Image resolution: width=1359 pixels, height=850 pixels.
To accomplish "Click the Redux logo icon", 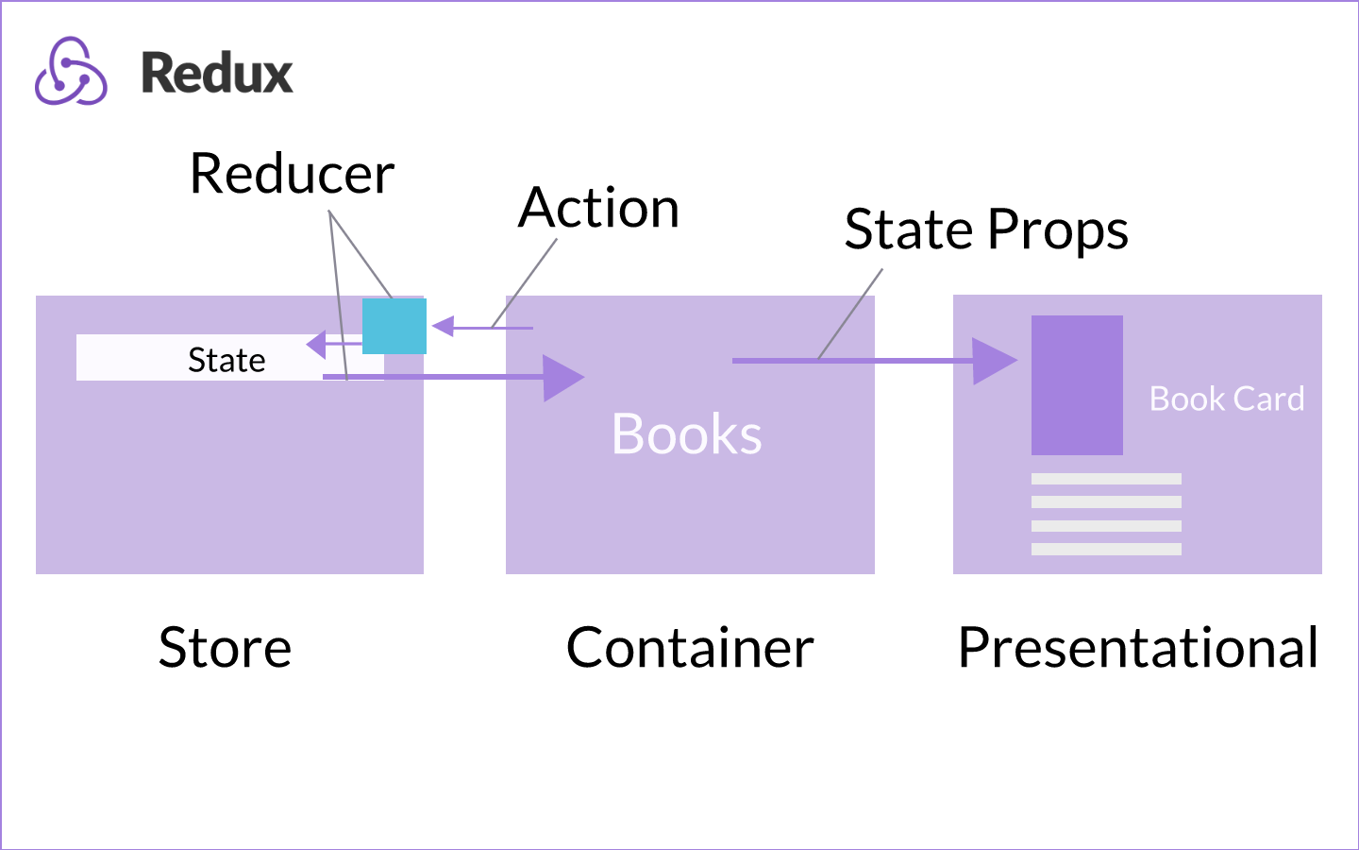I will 71,72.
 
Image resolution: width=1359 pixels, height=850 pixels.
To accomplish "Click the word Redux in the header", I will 217,74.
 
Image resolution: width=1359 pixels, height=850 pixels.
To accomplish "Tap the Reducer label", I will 292,174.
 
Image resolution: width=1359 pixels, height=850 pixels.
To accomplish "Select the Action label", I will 599,208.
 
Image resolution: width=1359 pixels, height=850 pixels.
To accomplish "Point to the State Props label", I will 985,229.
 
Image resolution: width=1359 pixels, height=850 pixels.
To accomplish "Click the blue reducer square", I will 394,326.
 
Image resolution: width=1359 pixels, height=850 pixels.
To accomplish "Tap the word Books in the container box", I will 686,434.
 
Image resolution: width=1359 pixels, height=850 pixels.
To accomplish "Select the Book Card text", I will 1226,399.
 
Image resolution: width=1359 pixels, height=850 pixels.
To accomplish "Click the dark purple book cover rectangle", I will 1077,385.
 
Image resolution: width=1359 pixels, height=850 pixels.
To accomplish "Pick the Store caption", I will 225,648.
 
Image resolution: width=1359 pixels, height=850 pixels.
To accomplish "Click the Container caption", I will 690,648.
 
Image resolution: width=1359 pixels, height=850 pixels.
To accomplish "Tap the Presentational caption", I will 1137,648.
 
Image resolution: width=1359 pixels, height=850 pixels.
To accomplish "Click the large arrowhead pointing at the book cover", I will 993,361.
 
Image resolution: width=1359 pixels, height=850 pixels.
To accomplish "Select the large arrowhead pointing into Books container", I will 562,378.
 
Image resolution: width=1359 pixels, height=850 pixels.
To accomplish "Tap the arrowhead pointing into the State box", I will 317,345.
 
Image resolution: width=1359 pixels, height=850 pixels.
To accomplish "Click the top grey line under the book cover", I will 1106,479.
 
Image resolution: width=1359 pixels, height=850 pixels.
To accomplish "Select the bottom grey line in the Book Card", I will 1106,549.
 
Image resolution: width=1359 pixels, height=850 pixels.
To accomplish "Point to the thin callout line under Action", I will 524,283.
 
